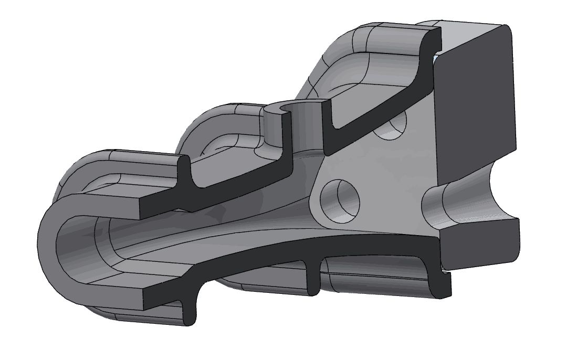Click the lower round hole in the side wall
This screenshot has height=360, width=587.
coord(342,199)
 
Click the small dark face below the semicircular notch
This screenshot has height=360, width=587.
coord(480,247)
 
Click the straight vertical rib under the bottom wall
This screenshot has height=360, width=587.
coord(313,276)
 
